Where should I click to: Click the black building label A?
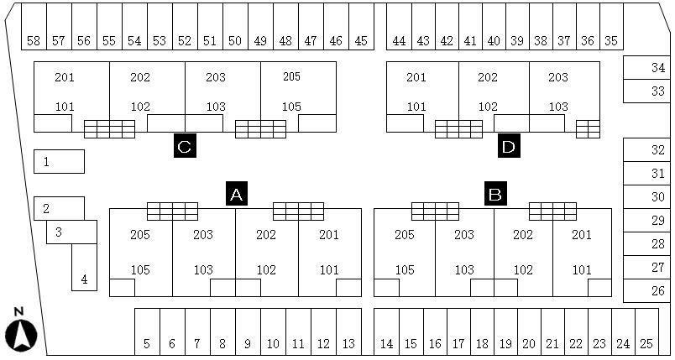tap(237, 194)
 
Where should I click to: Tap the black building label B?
tap(496, 194)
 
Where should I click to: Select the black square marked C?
tap(185, 146)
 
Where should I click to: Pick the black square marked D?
tap(508, 146)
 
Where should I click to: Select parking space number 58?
tap(34, 40)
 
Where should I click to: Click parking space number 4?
tap(84, 279)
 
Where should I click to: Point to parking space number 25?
tap(646, 343)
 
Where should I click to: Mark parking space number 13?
tap(348, 343)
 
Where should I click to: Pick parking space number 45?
tap(361, 40)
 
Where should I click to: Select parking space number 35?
tap(610, 40)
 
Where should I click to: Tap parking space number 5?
tap(147, 343)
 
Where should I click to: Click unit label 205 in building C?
tap(291, 76)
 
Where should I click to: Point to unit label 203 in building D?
tap(558, 77)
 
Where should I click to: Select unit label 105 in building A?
tap(140, 270)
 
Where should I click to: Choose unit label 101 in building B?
tap(582, 270)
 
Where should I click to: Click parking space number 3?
tap(59, 232)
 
